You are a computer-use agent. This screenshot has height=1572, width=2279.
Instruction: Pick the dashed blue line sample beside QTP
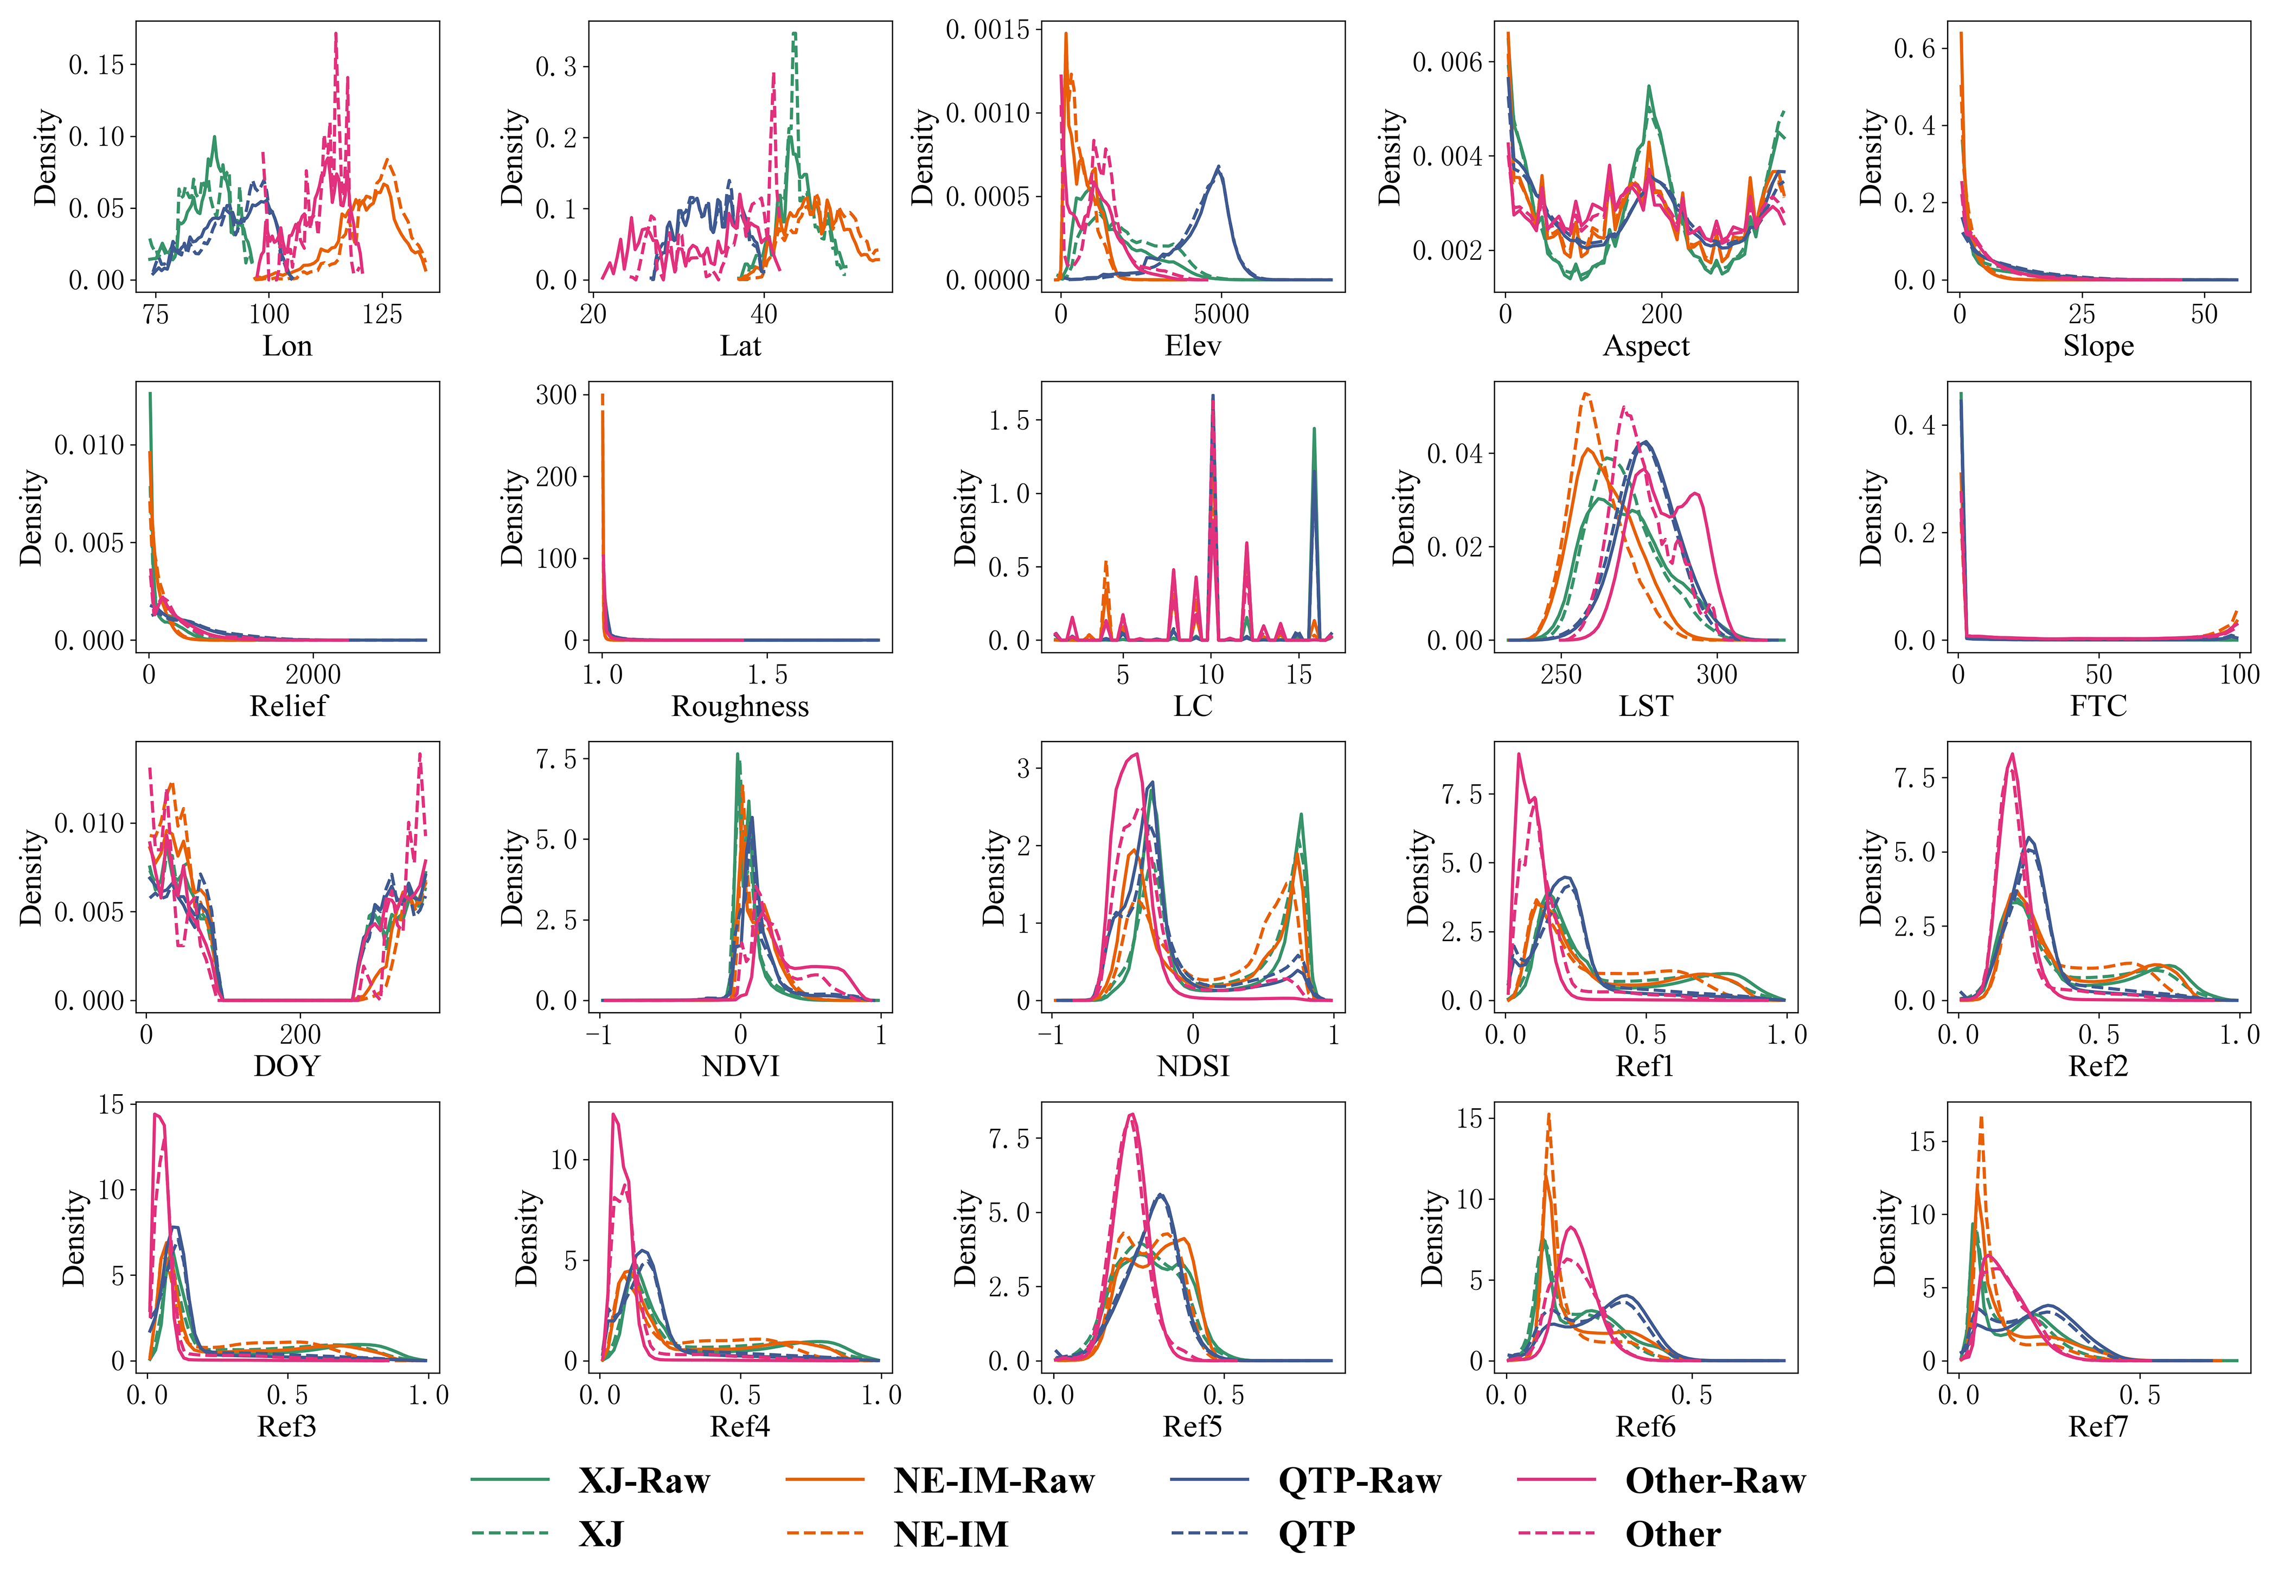(1209, 1533)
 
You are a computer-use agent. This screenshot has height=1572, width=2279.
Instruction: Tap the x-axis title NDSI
(1193, 1066)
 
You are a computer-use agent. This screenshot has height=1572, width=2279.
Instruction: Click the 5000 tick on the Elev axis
(1221, 314)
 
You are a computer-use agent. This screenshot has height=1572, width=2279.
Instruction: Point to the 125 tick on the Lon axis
(382, 314)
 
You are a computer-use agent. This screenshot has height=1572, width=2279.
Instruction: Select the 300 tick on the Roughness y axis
(556, 395)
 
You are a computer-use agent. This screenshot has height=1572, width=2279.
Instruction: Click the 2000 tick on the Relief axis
(313, 675)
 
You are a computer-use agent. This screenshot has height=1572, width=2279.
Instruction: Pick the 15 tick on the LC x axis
(1299, 675)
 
